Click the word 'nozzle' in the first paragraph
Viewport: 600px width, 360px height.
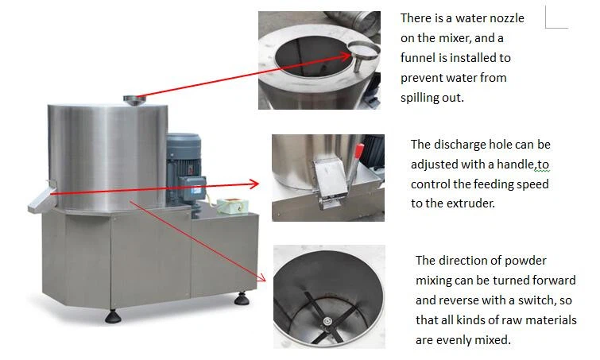[x=505, y=18]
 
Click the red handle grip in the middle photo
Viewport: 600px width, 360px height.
[x=359, y=150]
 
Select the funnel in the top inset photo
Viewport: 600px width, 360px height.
[x=362, y=53]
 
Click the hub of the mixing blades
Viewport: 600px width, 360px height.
[x=327, y=321]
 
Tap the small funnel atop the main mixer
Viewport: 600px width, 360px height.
[x=134, y=100]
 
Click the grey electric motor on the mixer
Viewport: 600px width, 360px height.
[x=184, y=168]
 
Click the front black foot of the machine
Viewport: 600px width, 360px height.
[x=113, y=317]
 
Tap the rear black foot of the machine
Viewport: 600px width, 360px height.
[x=242, y=298]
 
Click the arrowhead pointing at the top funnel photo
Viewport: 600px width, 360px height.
[x=343, y=56]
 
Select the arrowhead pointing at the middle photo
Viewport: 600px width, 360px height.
[x=254, y=184]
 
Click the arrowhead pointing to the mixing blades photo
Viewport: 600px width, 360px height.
[x=261, y=277]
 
